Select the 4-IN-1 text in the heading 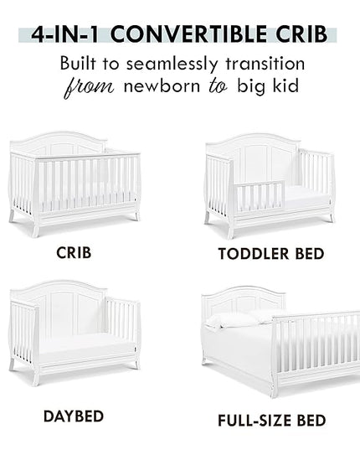(64, 34)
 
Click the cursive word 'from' (89, 87)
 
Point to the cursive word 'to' (219, 86)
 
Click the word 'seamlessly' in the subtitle (172, 64)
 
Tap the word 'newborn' (162, 85)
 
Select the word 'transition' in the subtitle (265, 63)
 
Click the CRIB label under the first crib (74, 253)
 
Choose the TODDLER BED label (271, 254)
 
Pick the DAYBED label (74, 416)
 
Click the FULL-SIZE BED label (272, 421)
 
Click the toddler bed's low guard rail (260, 196)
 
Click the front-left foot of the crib (36, 230)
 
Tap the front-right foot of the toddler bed (332, 218)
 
